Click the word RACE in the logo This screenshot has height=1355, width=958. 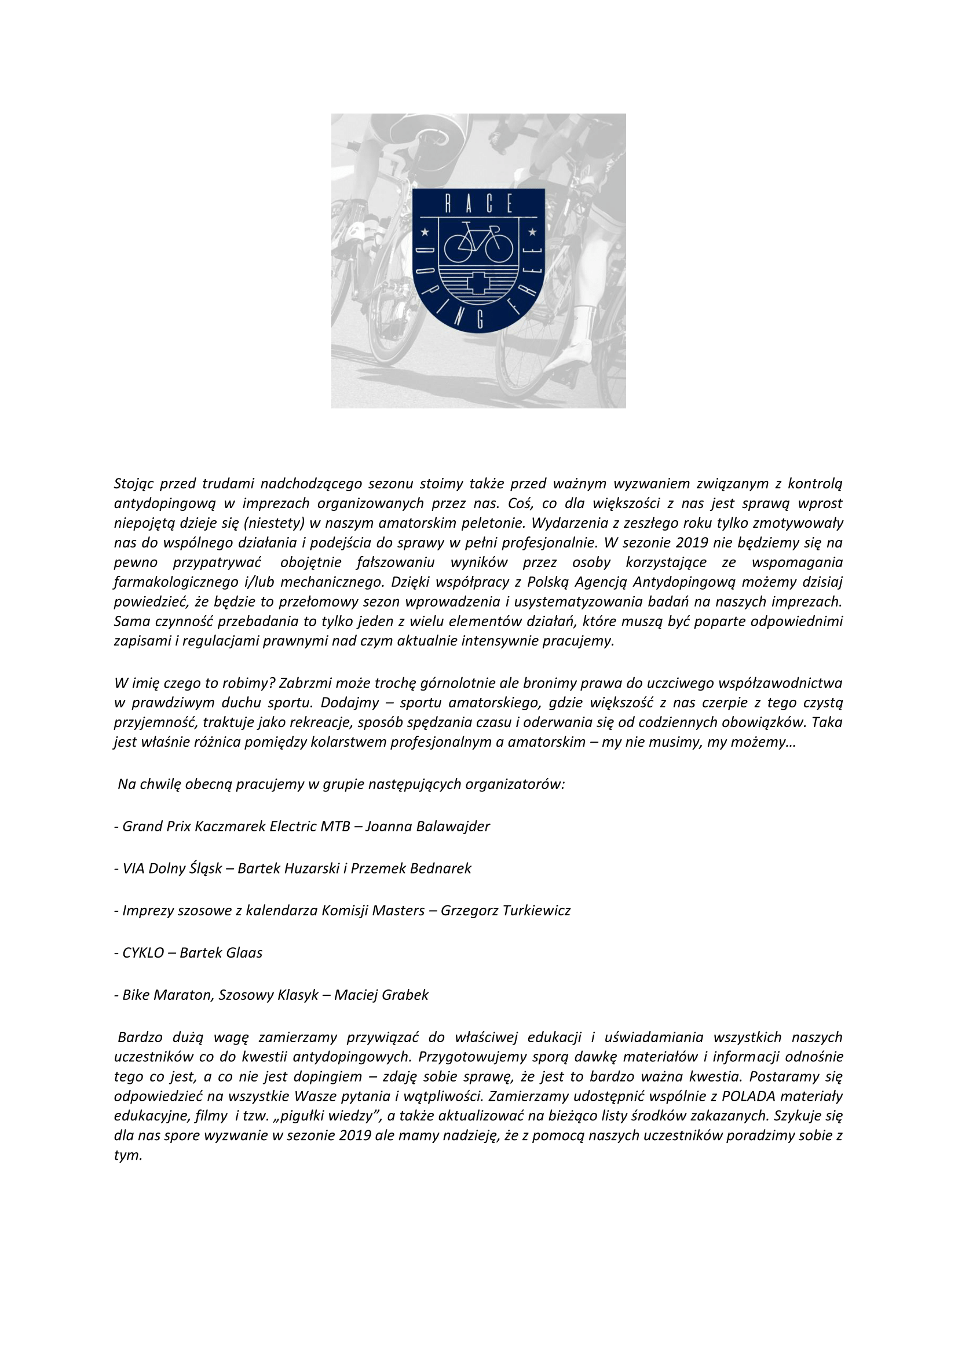tap(478, 204)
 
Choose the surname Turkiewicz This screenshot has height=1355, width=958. tap(533, 911)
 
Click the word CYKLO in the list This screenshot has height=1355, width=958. tap(142, 953)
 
